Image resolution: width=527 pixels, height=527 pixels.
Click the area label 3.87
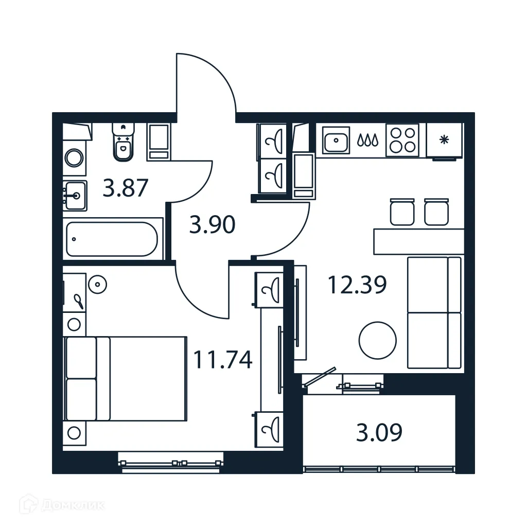coord(126,188)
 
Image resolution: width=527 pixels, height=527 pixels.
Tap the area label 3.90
coord(212,225)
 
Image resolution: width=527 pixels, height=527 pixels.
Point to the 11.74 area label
coord(222,360)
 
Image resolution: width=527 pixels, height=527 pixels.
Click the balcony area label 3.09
coord(379,433)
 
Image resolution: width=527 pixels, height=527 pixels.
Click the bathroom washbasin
coord(75,196)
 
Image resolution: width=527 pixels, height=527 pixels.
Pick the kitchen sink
coord(336,139)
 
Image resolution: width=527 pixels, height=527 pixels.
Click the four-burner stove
coord(402,139)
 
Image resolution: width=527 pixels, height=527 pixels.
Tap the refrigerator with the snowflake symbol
coord(444,140)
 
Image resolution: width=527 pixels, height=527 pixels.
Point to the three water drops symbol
coord(368,139)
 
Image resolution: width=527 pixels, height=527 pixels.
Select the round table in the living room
coord(378,340)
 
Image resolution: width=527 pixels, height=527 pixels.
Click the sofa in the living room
coord(434,313)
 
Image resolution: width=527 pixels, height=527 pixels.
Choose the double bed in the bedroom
coord(125,378)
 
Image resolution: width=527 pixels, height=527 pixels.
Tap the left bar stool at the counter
coord(402,212)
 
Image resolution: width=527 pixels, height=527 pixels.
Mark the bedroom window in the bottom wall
coord(170,462)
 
